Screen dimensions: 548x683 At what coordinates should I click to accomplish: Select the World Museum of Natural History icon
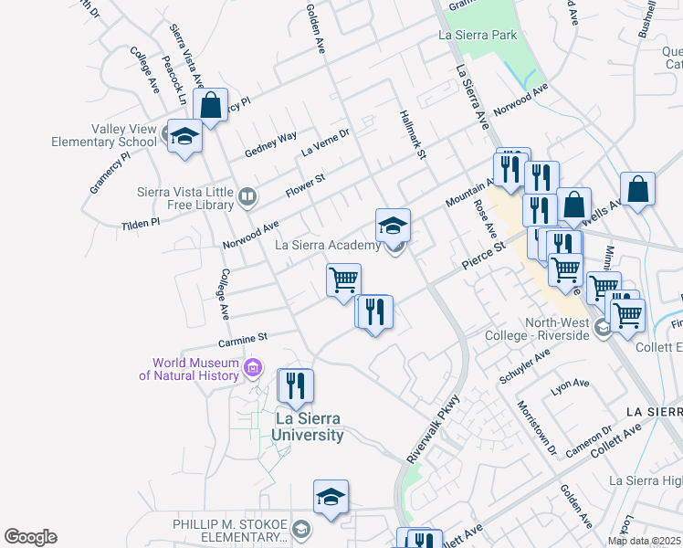click(254, 369)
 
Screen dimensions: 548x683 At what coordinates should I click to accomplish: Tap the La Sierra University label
click(308, 427)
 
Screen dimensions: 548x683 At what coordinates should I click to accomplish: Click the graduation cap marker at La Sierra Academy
click(393, 226)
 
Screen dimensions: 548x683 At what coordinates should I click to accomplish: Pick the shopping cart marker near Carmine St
click(344, 279)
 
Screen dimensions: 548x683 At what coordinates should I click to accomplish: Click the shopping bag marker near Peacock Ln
click(211, 105)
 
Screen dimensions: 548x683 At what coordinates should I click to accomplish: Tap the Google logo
click(30, 537)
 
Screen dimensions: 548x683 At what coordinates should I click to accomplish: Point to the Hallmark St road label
click(413, 133)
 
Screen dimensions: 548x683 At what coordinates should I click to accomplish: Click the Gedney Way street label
click(270, 143)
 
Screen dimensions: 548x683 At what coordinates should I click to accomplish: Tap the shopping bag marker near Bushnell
click(637, 190)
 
